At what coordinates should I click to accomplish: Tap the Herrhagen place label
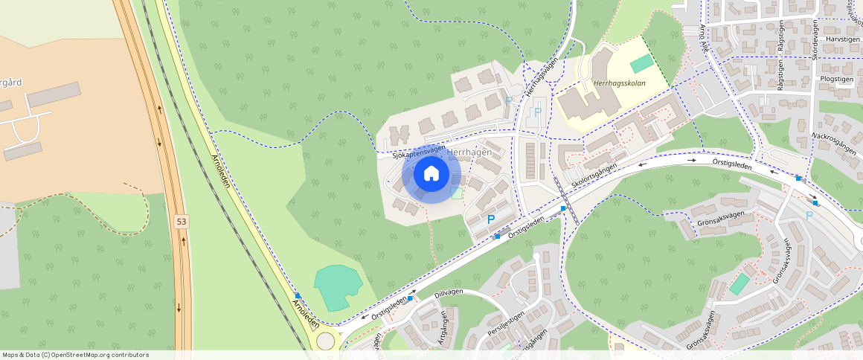469,152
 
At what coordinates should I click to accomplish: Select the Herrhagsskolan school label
620,83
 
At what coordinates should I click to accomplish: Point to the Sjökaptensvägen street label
419,152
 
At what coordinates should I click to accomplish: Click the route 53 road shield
182,222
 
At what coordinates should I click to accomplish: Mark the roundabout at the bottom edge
326,341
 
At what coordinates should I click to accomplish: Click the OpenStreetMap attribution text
75,355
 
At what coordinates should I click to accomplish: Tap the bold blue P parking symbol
490,219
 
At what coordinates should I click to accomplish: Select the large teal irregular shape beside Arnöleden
338,286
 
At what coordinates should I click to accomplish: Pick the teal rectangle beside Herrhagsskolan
640,64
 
